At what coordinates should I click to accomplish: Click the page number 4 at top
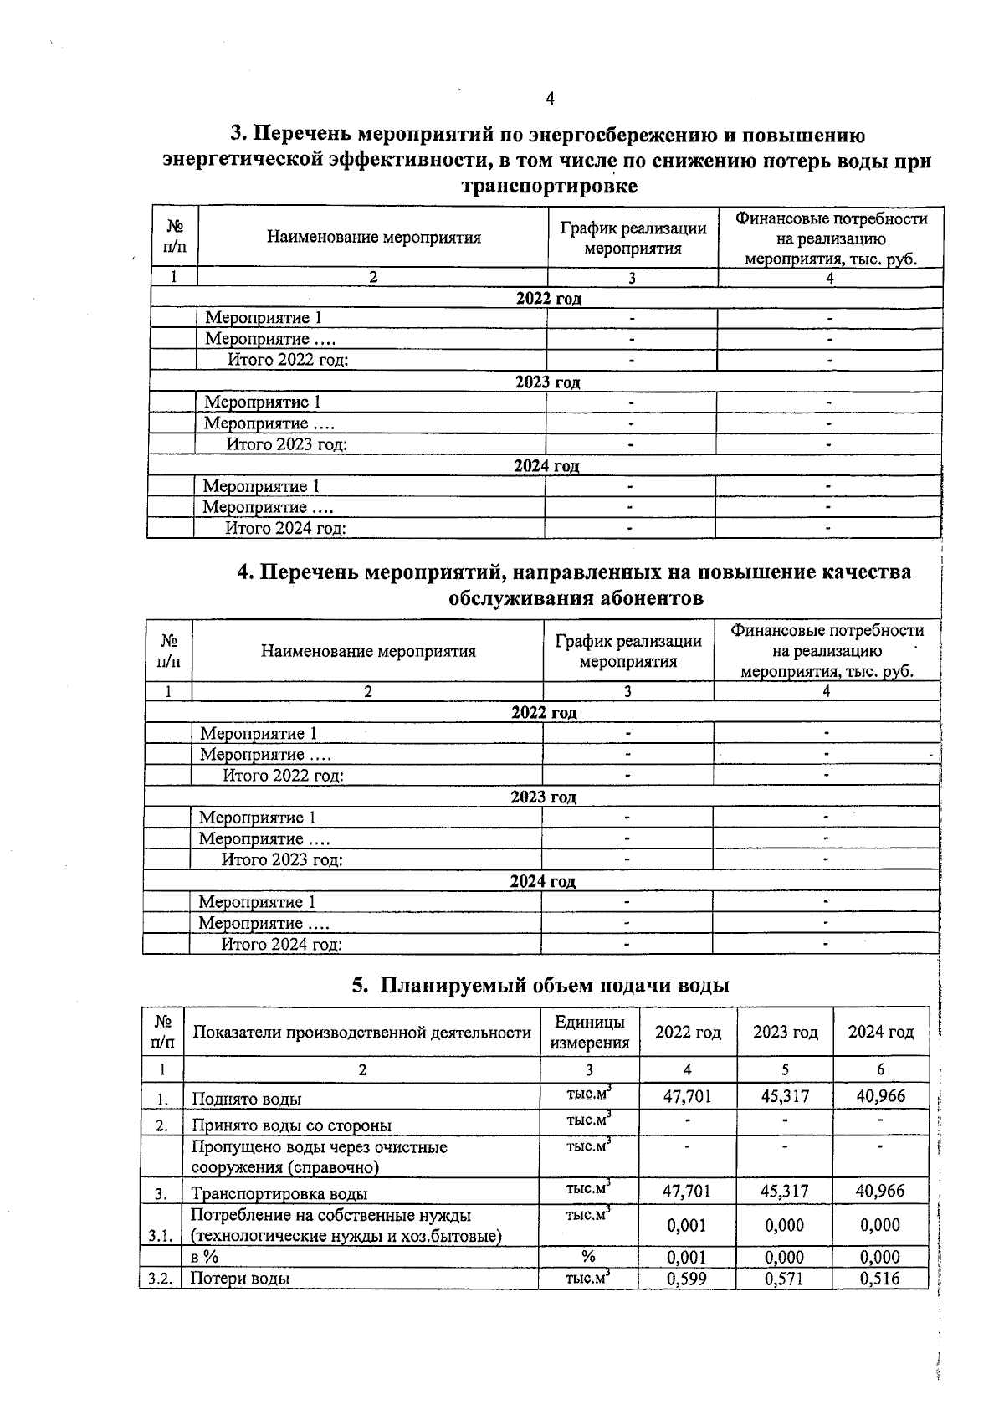(550, 99)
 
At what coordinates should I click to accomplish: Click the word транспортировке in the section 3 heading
(549, 186)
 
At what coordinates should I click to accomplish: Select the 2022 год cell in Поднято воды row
(687, 1096)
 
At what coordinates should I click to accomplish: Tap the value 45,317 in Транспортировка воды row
(784, 1191)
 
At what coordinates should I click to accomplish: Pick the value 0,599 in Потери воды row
(687, 1278)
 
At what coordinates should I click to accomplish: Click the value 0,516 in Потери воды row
(880, 1278)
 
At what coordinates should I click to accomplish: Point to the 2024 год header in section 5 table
(880, 1032)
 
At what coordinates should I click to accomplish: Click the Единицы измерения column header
(588, 1033)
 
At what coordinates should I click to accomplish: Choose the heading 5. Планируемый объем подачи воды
(540, 985)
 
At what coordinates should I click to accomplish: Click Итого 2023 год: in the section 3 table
(286, 444)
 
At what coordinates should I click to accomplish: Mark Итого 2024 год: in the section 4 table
(281, 944)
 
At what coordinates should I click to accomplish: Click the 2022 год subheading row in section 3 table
(547, 298)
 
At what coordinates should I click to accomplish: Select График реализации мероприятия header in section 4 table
(627, 651)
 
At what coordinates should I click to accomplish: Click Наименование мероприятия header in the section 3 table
(373, 237)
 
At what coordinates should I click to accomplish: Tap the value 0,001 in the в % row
(687, 1256)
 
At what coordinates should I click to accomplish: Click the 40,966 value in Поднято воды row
(880, 1096)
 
